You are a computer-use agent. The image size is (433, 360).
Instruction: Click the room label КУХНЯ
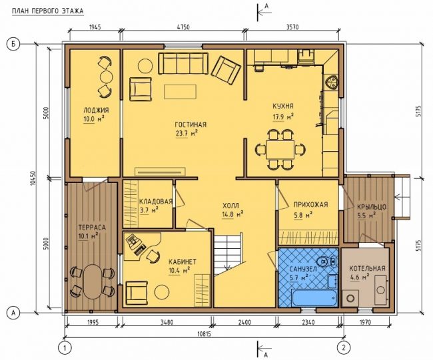[x=282, y=106]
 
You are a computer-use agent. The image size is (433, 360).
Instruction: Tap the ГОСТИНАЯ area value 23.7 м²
[x=187, y=133]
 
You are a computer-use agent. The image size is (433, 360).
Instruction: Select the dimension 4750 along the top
[x=183, y=27]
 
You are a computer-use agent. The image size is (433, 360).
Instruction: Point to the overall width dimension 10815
[x=204, y=334]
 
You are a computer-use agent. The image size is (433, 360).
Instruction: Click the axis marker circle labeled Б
[x=13, y=44]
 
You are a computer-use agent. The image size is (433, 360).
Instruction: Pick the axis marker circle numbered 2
[x=344, y=347]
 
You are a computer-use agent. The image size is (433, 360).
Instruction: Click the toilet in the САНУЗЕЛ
[x=322, y=261]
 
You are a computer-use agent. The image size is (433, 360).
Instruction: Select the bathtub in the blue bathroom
[x=314, y=298]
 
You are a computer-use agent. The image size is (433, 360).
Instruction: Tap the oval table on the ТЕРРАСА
[x=92, y=282]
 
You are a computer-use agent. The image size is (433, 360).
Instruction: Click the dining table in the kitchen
[x=280, y=149]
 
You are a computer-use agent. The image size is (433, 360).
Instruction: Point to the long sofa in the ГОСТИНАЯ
[x=183, y=64]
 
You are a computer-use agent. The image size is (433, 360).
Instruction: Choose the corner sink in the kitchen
[x=331, y=83]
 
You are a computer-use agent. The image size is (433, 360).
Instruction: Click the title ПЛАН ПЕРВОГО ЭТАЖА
[x=47, y=11]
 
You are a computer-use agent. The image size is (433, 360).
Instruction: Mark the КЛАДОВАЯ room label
[x=156, y=202]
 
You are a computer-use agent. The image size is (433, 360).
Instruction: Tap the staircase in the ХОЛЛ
[x=229, y=254]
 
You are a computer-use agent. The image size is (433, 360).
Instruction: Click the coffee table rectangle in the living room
[x=180, y=92]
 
